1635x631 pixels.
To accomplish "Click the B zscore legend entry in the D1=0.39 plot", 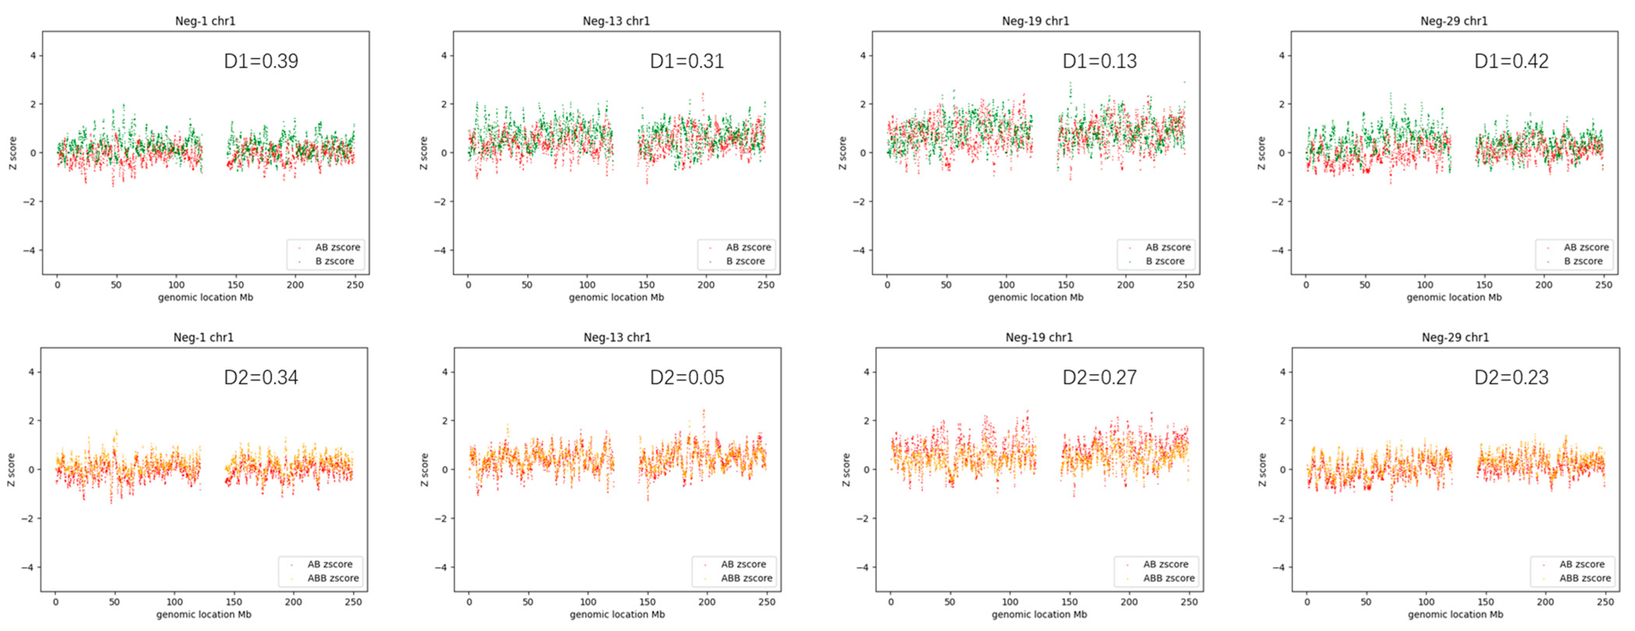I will point(334,261).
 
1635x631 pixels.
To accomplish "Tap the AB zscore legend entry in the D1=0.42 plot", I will point(1585,247).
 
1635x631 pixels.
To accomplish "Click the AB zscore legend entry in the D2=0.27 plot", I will point(1165,564).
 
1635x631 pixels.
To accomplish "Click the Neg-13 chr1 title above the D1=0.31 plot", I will point(616,21).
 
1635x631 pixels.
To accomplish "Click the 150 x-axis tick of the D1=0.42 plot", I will point(1484,285).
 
